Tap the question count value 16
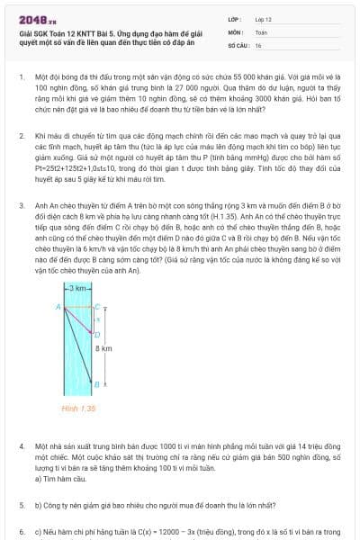[258, 44]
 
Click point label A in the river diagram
[58, 307]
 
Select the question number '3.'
[21, 205]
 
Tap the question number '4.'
[21, 446]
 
